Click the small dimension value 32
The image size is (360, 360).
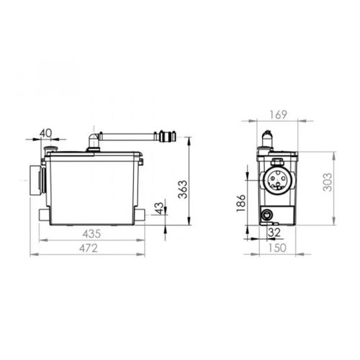[274, 233]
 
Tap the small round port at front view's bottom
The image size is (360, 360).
[267, 214]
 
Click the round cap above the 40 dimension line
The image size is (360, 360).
[51, 150]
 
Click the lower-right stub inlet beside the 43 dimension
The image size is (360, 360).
[140, 214]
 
